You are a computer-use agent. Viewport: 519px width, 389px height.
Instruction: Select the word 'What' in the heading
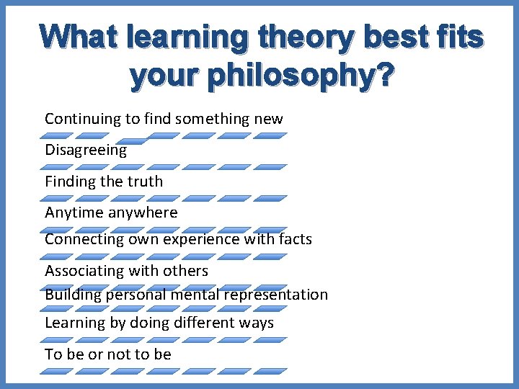(79, 37)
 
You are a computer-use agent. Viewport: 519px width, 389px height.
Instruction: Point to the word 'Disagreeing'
(86, 151)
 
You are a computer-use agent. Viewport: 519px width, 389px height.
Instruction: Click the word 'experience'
(205, 238)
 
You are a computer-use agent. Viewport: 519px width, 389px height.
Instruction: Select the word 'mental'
(194, 295)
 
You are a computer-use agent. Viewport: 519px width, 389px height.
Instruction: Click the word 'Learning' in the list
(75, 323)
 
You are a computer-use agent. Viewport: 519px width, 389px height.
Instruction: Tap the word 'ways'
(257, 323)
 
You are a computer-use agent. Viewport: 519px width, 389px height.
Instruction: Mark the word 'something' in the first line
(213, 119)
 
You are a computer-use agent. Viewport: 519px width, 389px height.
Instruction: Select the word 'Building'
(73, 295)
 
